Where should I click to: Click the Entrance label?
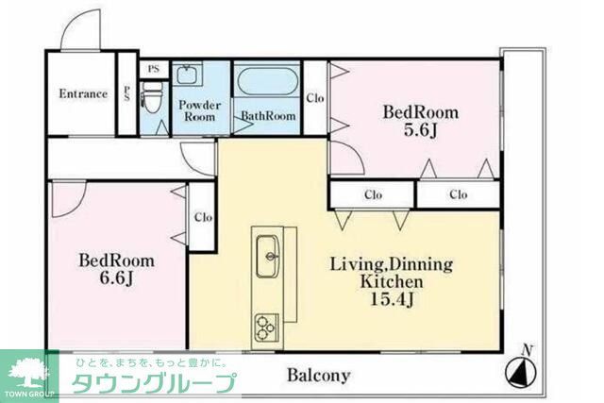click(83, 93)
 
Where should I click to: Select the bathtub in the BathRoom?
click(266, 82)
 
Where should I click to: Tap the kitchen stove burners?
click(264, 327)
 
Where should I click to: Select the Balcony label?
click(318, 376)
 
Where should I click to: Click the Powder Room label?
click(199, 111)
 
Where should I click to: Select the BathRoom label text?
click(268, 117)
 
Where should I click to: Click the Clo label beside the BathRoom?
click(315, 98)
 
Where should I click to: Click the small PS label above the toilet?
click(153, 70)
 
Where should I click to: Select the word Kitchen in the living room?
click(390, 281)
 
